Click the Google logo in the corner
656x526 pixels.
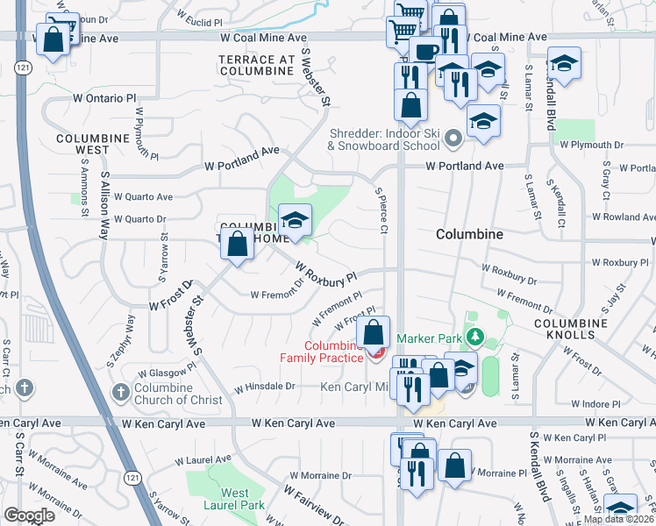point(29,515)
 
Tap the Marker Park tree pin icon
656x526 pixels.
point(475,338)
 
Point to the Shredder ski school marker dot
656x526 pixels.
point(453,138)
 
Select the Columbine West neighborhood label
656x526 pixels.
point(94,145)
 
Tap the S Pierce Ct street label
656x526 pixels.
point(381,210)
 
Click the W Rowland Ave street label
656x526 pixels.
point(623,217)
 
